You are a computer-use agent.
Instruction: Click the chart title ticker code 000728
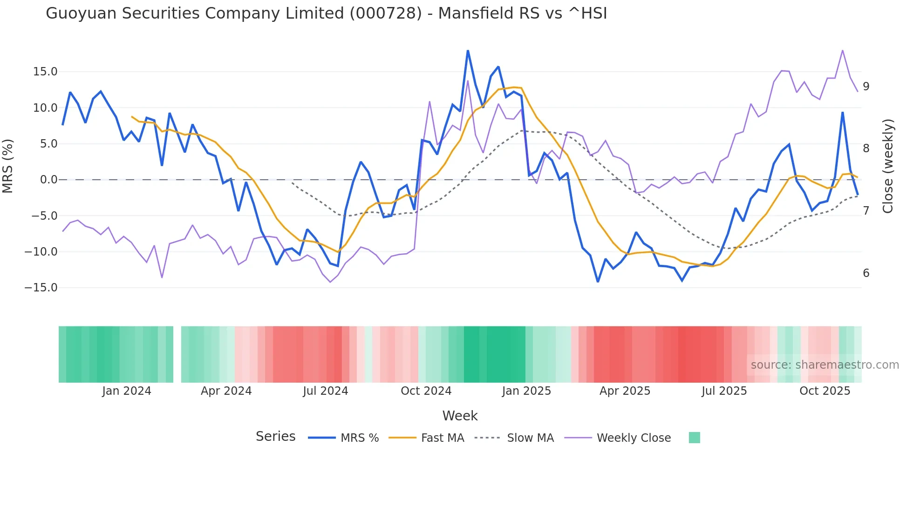click(385, 13)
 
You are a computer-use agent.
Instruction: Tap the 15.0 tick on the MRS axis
click(45, 72)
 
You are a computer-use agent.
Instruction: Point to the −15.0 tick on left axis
click(41, 288)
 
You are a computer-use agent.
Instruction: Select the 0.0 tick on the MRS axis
click(48, 180)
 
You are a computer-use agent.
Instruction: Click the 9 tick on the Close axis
click(866, 87)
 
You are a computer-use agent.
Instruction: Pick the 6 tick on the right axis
click(866, 273)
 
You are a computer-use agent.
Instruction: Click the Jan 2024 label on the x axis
click(127, 391)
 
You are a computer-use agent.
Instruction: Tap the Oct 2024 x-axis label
click(426, 391)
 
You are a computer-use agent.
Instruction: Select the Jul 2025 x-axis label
click(724, 391)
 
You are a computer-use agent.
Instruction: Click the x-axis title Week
click(460, 416)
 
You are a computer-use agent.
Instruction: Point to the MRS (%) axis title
click(8, 166)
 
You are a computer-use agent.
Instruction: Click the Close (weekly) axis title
click(888, 166)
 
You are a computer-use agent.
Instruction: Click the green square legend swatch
click(694, 438)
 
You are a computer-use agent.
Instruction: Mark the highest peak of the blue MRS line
click(468, 51)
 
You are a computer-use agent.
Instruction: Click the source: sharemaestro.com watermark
click(824, 365)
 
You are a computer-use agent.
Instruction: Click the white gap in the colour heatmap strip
click(177, 354)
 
